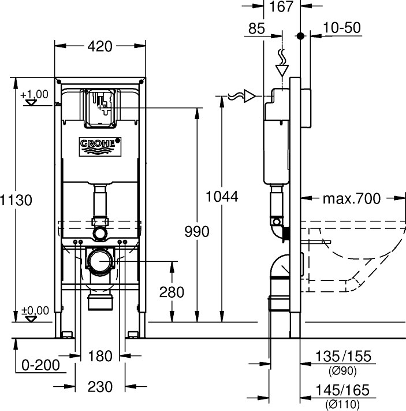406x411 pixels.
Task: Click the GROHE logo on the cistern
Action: pos(100,146)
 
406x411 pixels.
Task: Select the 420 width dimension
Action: pos(100,46)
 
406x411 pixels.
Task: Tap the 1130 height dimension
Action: pos(16,200)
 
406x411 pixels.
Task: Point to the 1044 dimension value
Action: pos(222,197)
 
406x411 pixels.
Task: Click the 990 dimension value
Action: pos(197,231)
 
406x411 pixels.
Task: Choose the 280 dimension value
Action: pos(172,292)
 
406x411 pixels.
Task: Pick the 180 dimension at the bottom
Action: pos(100,356)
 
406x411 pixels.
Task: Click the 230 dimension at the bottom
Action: pos(100,387)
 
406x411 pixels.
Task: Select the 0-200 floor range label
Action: pos(40,365)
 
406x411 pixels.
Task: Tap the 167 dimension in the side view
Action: pos(281,6)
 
